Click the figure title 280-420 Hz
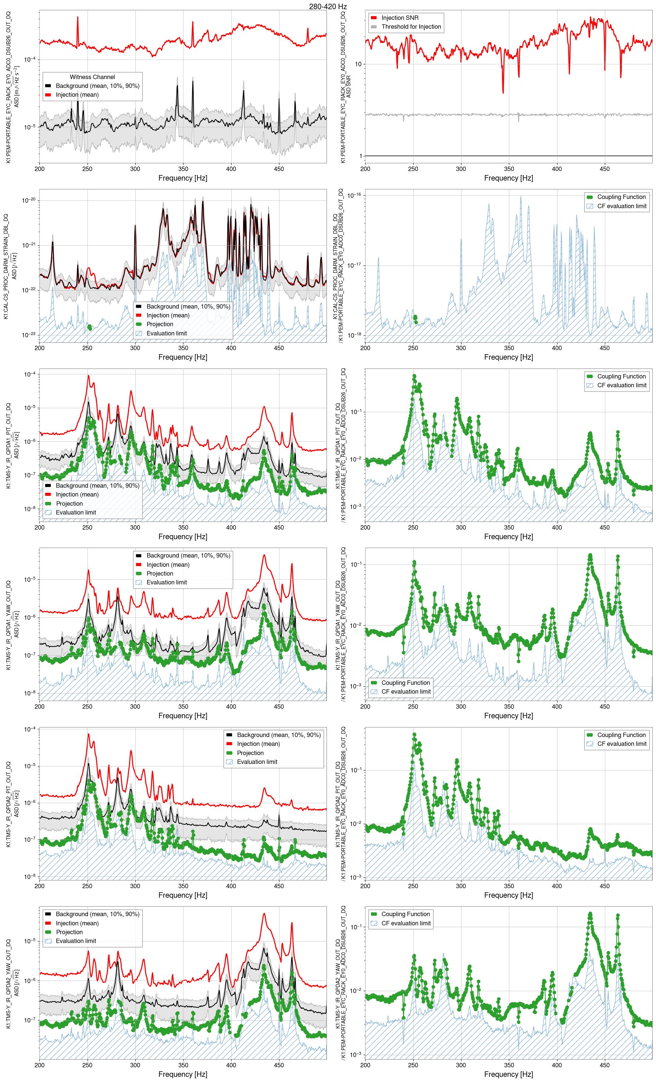coord(328,7)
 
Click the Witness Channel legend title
coord(92,77)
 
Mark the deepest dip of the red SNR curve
coord(503,92)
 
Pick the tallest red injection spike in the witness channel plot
coord(78,18)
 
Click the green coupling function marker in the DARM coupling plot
coord(415,317)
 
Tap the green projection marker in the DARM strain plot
coord(90,327)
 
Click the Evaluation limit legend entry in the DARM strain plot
coord(167,333)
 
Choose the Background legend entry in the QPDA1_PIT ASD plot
coord(97,486)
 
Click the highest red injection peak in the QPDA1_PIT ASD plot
coord(88,376)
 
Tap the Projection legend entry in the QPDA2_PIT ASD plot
coord(250,753)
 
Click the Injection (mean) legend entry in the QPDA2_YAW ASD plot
coord(77,923)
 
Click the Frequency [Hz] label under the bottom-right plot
coord(508,1074)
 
